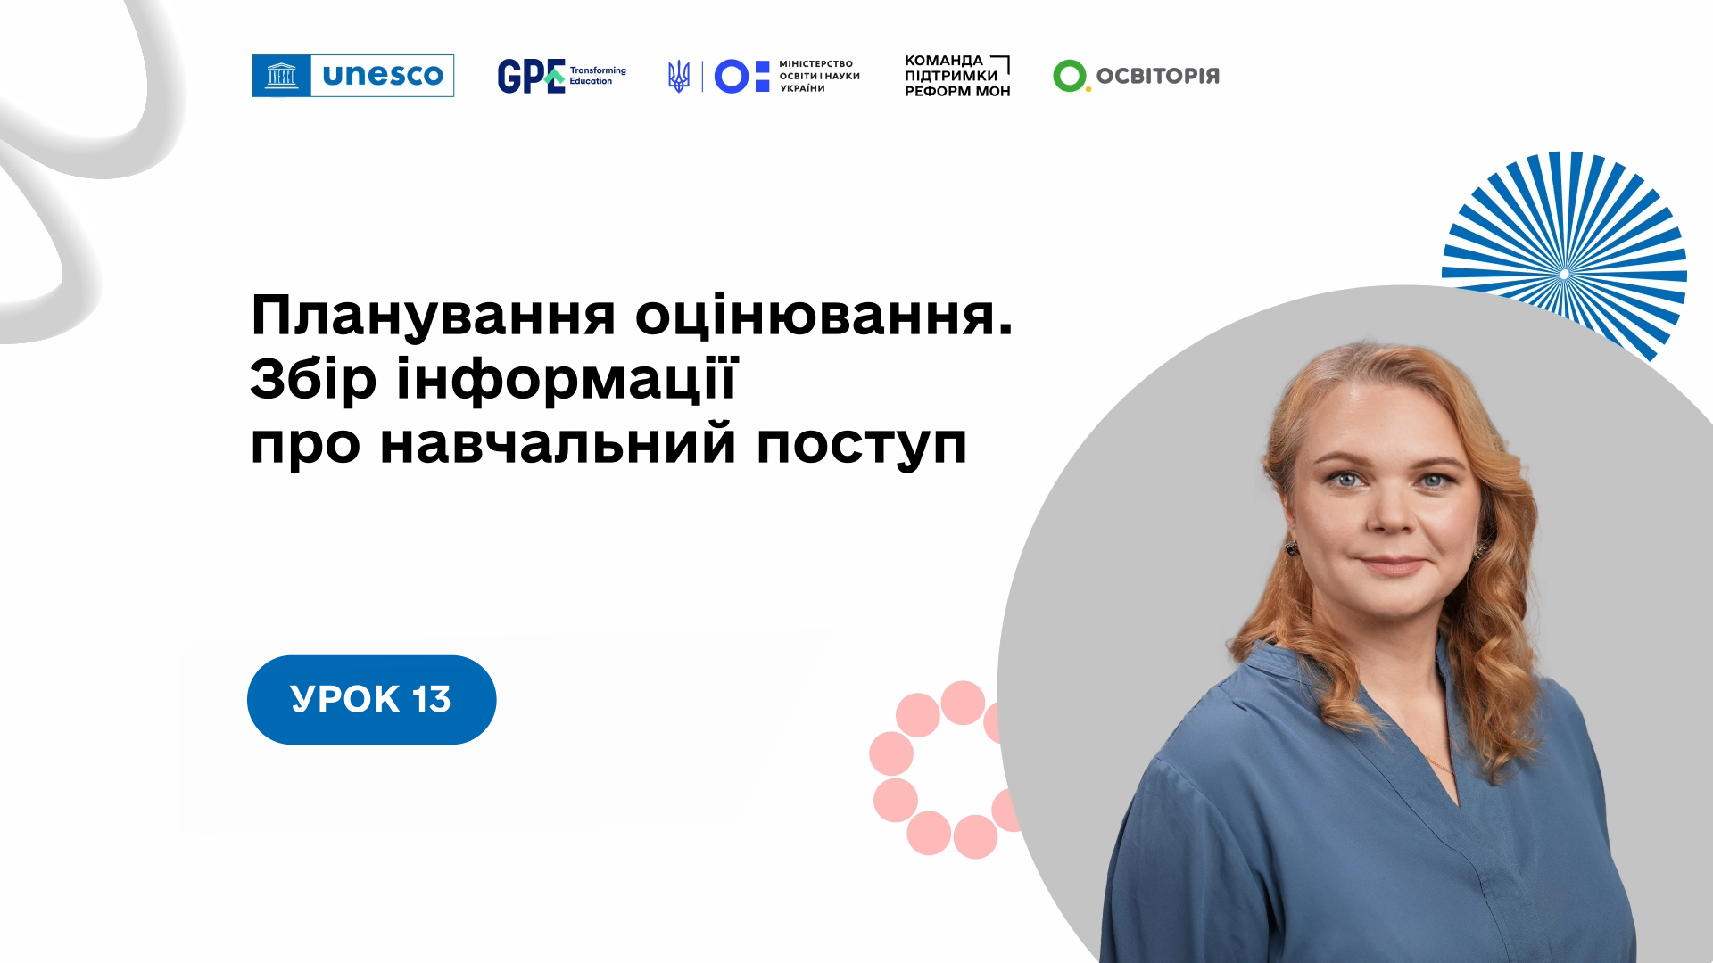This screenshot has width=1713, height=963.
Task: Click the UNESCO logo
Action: point(353,76)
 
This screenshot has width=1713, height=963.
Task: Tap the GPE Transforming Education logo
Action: point(562,76)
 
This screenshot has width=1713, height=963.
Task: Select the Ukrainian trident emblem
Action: point(679,77)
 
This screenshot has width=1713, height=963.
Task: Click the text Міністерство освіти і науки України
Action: point(819,77)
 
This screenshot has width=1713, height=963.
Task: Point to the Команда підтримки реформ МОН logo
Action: point(957,76)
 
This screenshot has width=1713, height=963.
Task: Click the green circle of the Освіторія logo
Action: point(1070,76)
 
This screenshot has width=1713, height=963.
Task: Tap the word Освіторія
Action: point(1157,76)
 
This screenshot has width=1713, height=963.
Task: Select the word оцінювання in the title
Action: point(824,317)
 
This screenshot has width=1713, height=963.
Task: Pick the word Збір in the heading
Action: point(313,380)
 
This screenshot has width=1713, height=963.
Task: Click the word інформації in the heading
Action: point(567,380)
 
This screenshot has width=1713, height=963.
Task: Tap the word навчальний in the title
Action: point(559,443)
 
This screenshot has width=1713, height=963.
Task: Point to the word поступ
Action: point(862,446)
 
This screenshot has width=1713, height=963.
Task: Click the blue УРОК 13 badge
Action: point(371,700)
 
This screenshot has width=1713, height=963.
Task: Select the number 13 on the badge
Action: point(432,700)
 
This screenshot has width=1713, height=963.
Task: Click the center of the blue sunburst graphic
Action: point(1564,274)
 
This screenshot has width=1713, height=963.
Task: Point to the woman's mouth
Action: point(1393,564)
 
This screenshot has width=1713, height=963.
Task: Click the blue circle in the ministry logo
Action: point(732,77)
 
